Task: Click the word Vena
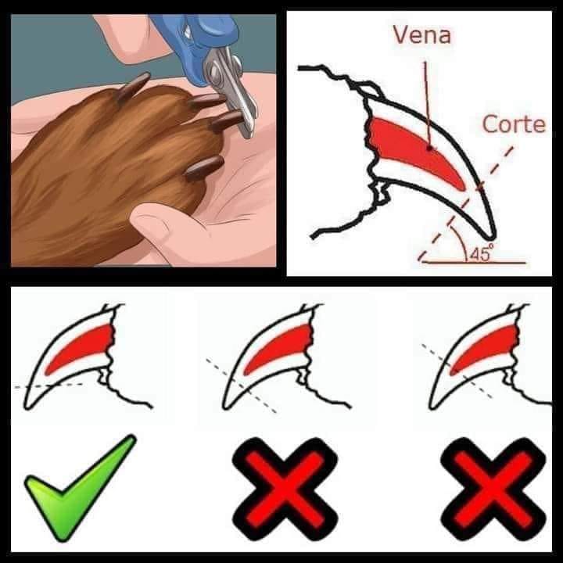click(422, 35)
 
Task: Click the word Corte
click(514, 124)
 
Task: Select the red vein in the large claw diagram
click(413, 149)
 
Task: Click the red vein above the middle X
click(278, 347)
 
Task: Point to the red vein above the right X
click(484, 347)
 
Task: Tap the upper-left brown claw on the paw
click(133, 87)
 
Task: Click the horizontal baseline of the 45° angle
click(474, 263)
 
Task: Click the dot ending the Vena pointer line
click(429, 148)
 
